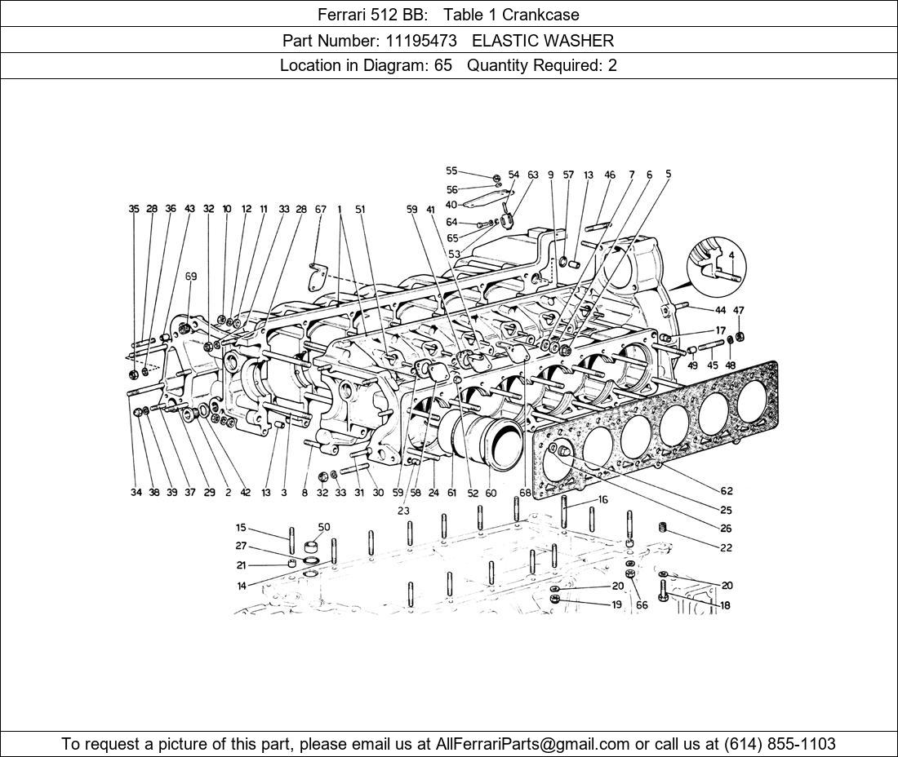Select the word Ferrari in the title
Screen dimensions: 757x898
tap(343, 14)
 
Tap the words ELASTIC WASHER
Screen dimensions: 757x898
tap(543, 40)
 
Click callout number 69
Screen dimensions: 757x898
tap(190, 277)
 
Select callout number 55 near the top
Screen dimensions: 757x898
tap(451, 171)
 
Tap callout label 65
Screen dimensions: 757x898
tap(452, 238)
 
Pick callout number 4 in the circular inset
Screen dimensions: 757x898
tap(732, 255)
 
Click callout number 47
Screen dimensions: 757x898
tap(739, 311)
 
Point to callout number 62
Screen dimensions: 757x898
tap(726, 490)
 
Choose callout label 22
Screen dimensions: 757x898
tap(726, 547)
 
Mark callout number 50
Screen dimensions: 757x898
tap(324, 527)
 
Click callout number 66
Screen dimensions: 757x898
tap(642, 604)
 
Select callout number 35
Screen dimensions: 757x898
tap(134, 209)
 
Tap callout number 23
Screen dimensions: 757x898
tap(403, 511)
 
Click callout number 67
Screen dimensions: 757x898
tap(320, 209)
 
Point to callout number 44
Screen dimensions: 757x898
tap(720, 311)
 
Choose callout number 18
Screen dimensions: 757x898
tap(725, 606)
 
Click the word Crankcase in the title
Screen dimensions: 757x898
tap(540, 14)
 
